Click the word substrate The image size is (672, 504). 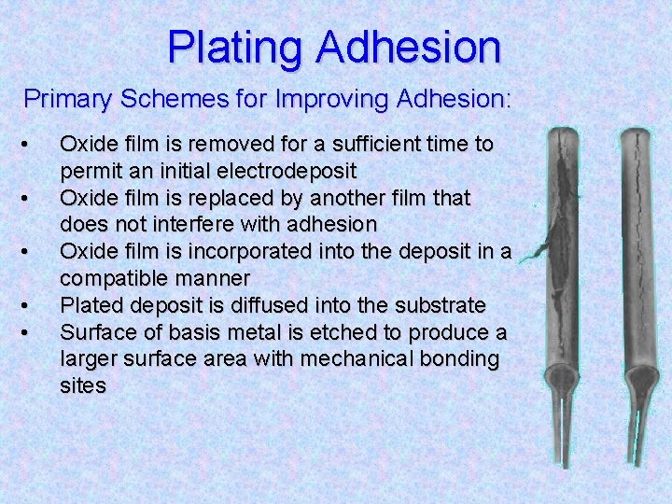(439, 305)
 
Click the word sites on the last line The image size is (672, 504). (82, 385)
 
